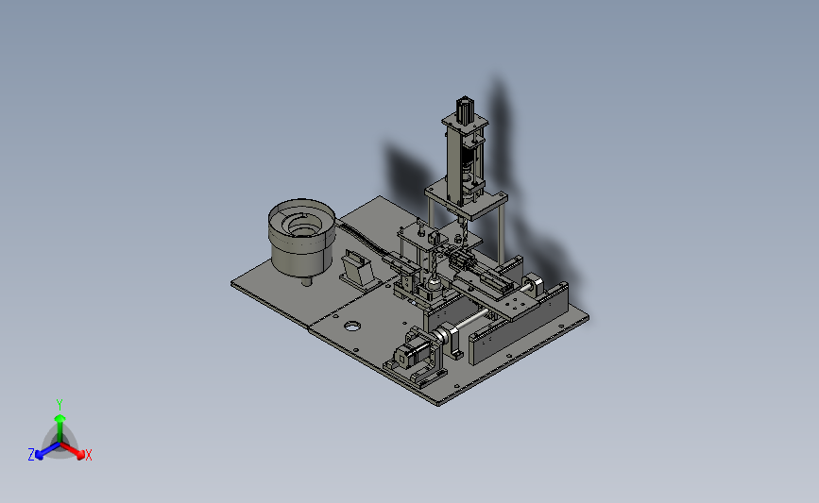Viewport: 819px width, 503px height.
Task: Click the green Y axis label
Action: [x=60, y=405]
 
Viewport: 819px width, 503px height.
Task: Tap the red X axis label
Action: [x=88, y=455]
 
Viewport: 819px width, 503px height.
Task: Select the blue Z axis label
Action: [x=31, y=455]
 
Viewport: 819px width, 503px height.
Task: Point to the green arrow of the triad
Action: [x=60, y=428]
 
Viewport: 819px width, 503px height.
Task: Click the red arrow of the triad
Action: [x=72, y=450]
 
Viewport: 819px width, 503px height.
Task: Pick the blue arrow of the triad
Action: [x=48, y=451]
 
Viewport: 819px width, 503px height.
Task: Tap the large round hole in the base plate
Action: [x=352, y=327]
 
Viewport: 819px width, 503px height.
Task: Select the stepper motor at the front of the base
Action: [x=411, y=356]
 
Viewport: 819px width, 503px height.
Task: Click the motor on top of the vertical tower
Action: [x=465, y=109]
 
